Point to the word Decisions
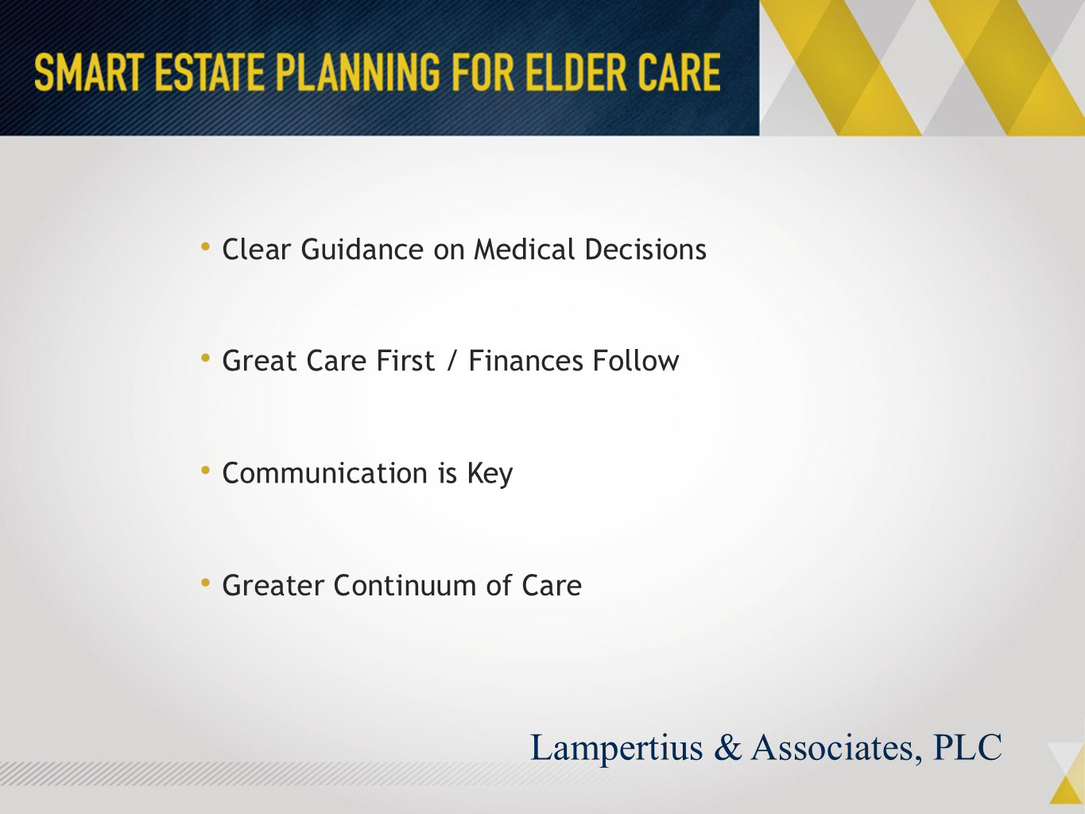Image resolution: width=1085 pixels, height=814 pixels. [x=645, y=249]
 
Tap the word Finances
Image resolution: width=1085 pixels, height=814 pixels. [x=525, y=361]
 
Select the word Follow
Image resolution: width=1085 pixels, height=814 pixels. [x=636, y=361]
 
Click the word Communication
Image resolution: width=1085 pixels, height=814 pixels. [x=325, y=474]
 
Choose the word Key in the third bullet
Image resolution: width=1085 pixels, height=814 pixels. [x=490, y=475]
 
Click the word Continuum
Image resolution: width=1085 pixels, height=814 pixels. [x=405, y=586]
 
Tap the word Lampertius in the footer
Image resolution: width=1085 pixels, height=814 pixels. [x=616, y=748]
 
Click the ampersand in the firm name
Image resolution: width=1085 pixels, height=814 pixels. [x=727, y=746]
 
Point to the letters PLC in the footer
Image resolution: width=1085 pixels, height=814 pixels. [x=968, y=746]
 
